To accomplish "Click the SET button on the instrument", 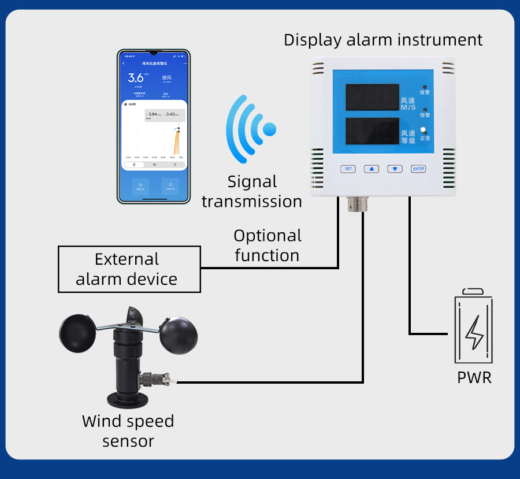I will [x=348, y=169].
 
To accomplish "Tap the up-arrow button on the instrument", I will [x=371, y=169].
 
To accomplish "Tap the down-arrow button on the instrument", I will [x=395, y=169].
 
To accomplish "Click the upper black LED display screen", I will [x=372, y=97].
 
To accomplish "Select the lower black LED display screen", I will [x=372, y=131].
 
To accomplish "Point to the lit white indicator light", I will [x=424, y=130].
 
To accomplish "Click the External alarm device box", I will [x=129, y=269].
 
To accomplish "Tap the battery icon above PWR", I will [x=474, y=326].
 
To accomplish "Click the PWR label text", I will [x=474, y=378].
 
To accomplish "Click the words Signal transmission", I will [x=252, y=191].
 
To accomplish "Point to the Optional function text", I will [x=268, y=246].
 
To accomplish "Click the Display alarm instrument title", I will [x=383, y=40].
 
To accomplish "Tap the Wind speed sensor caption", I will [x=128, y=431].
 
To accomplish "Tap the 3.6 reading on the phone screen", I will [x=136, y=78].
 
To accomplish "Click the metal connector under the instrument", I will [x=353, y=203].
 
